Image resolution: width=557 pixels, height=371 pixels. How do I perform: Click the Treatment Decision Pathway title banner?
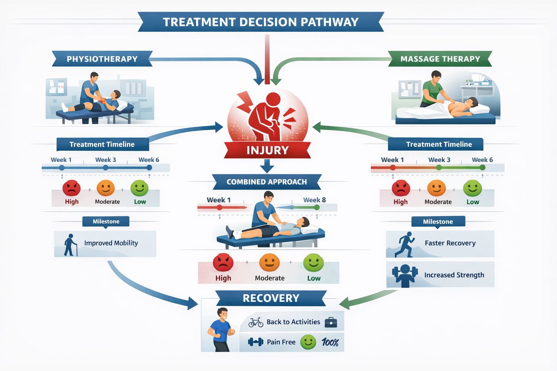(261, 22)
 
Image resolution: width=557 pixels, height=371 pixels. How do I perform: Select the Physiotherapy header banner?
(102, 59)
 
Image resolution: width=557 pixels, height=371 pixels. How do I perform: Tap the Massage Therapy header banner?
(440, 59)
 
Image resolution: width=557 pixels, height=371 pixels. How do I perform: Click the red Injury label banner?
(267, 150)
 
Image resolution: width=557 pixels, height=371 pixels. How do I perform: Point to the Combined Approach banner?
(267, 182)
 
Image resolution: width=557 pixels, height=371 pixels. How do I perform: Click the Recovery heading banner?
(271, 298)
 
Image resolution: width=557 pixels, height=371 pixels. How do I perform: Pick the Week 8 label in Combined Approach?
(314, 200)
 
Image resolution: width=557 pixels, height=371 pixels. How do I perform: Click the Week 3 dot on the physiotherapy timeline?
(106, 168)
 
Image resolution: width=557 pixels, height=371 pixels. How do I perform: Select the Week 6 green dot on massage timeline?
(482, 167)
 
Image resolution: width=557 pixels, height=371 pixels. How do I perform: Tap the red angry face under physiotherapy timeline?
(71, 188)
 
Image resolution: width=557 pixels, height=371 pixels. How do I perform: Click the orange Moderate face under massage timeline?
(436, 188)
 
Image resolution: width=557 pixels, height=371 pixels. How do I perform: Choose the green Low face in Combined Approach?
(313, 263)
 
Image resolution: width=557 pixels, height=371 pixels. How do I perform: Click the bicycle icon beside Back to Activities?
(256, 322)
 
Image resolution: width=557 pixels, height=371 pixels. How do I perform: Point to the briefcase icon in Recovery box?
(331, 322)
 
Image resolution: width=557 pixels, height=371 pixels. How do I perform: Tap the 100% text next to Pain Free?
(330, 342)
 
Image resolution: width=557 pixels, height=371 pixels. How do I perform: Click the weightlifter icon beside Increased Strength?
(405, 275)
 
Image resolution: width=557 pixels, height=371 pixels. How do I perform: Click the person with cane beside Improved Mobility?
(70, 245)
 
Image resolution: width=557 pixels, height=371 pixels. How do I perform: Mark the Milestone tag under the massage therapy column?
(438, 222)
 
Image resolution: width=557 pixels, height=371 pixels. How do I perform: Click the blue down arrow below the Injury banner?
(267, 166)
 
